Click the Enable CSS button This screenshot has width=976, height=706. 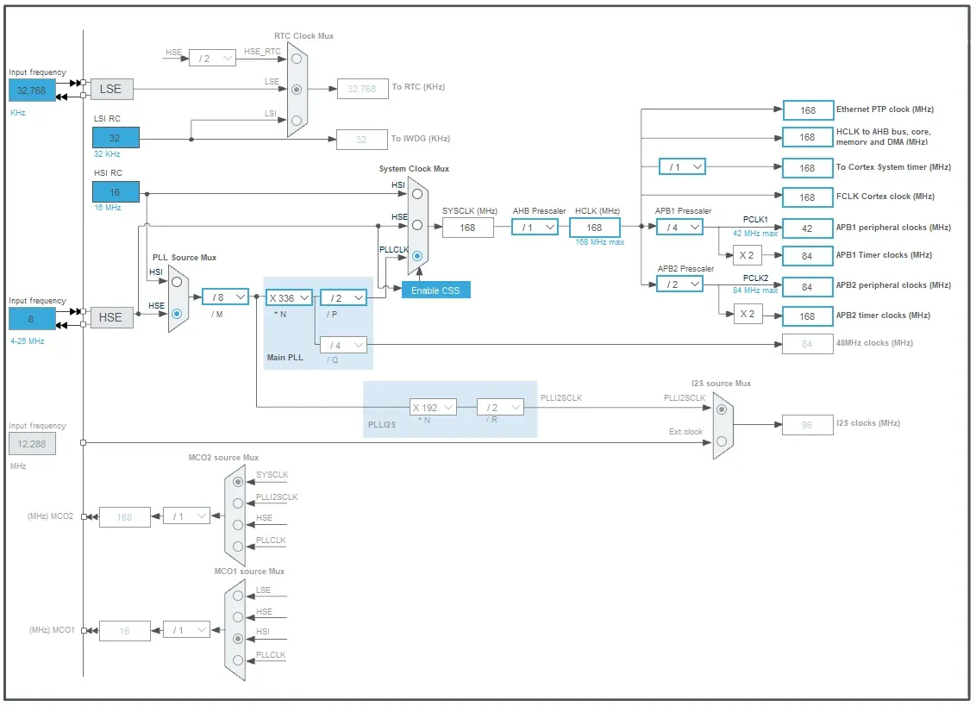coord(435,290)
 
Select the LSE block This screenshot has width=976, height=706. coord(111,89)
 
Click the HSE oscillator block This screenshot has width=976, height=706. coord(111,317)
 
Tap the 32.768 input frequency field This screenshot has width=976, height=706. coord(30,90)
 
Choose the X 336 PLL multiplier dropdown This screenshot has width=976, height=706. coord(289,297)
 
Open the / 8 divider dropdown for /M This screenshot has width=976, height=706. coord(225,297)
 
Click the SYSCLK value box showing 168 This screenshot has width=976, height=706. coord(468,228)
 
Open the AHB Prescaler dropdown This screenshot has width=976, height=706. coord(535,227)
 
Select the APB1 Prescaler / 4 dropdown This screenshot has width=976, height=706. coord(679,227)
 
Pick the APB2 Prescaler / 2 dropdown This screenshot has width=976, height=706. coord(679,284)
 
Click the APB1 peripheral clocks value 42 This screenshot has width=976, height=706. coord(808,228)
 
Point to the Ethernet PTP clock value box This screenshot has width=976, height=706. coord(808,110)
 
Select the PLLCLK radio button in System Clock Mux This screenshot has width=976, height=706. coord(417,256)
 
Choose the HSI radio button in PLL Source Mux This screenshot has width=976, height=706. coord(177,282)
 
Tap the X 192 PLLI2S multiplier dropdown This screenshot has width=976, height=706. coord(432,407)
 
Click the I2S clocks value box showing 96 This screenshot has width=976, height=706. coord(808,424)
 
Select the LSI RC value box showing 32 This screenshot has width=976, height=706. coord(116,138)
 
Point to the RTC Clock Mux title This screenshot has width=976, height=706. coord(303,36)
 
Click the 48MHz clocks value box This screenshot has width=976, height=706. coord(808,344)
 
